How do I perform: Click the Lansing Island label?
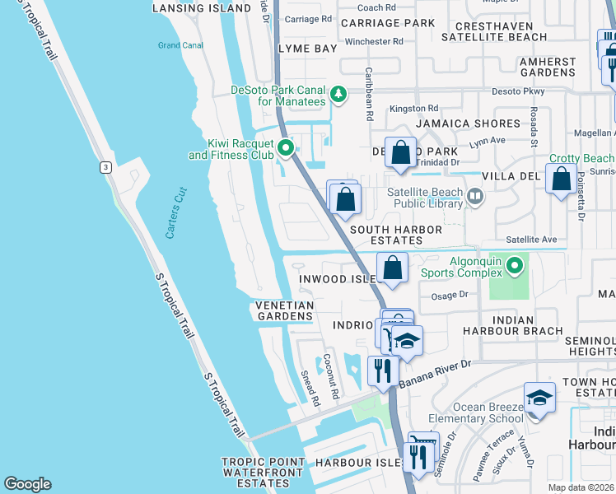[x=202, y=8]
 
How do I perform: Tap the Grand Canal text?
[x=180, y=45]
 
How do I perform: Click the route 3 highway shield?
[x=105, y=167]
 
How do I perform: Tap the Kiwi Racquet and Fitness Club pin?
[x=286, y=148]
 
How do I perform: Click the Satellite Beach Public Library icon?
[x=474, y=196]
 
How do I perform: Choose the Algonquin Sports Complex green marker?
[x=515, y=265]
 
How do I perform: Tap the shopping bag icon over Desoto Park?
[x=400, y=153]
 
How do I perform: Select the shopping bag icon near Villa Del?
[x=561, y=179]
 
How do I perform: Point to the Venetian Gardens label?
[x=284, y=310]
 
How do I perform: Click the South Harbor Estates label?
[x=397, y=235]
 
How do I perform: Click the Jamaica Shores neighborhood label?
[x=469, y=123]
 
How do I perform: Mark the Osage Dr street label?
[x=449, y=295]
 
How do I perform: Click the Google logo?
[x=27, y=484]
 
